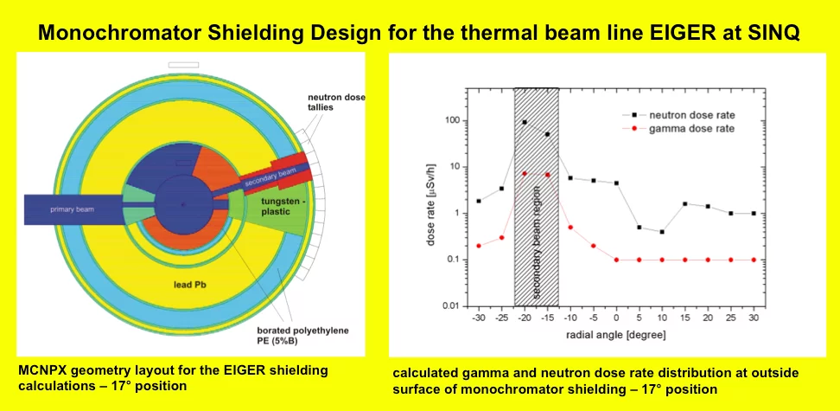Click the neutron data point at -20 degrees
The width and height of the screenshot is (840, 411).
click(525, 122)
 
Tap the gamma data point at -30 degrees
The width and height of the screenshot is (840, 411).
click(479, 246)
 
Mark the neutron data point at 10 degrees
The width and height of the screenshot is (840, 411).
click(661, 232)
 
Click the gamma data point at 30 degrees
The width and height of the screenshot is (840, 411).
click(753, 260)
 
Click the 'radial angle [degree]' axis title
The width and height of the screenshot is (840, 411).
click(616, 333)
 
